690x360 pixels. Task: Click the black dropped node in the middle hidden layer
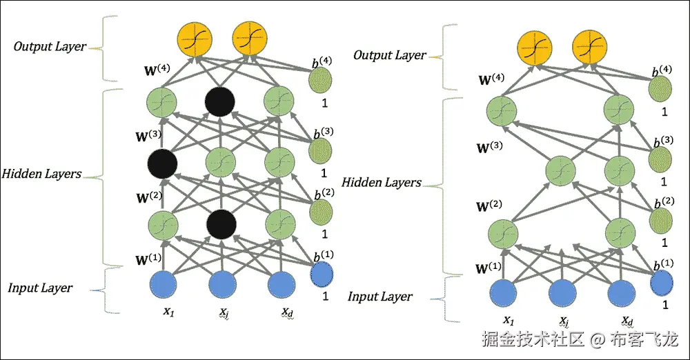163,163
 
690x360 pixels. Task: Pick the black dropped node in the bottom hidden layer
221,223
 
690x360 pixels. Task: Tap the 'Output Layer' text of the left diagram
50,47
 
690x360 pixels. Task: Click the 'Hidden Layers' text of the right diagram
381,183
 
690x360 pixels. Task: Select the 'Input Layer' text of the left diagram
40,288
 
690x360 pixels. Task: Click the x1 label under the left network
168,312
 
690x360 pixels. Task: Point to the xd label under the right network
627,321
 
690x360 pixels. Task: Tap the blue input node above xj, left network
221,284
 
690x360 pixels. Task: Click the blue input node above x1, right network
507,292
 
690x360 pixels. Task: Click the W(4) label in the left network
152,70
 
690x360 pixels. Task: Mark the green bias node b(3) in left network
319,150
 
